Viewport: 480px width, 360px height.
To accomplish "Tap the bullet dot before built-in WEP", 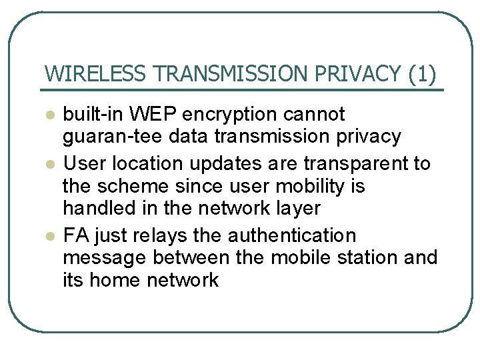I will [48, 115].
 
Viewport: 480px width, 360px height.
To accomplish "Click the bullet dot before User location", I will [48, 163].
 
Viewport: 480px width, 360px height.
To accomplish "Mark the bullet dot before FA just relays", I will [48, 235].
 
